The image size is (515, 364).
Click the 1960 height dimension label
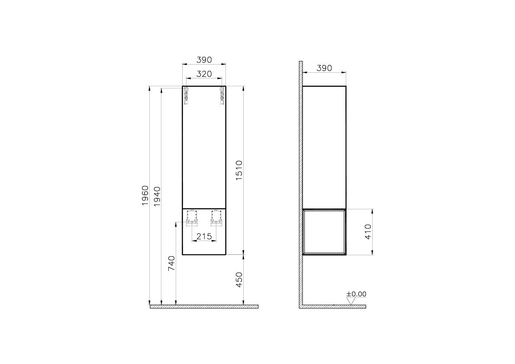point(145,195)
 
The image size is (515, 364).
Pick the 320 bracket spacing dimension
point(204,74)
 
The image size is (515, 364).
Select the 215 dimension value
point(204,236)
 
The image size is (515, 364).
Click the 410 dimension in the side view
point(368,232)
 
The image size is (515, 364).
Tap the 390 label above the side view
point(324,68)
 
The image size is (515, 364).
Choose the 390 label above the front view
point(204,59)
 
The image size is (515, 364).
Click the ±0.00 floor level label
point(356,294)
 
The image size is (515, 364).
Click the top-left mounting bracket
point(187,96)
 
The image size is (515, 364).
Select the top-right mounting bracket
point(222,96)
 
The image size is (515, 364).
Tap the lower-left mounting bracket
point(192,218)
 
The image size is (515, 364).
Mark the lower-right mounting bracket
point(216,218)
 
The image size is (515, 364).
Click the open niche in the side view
point(324,231)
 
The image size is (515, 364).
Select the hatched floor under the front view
point(204,306)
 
